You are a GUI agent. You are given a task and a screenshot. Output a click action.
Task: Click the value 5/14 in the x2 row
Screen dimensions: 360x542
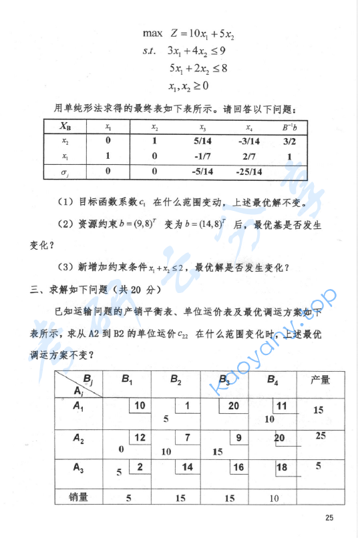(x=203, y=141)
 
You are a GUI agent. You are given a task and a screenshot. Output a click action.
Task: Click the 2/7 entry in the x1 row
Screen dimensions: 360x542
(x=249, y=157)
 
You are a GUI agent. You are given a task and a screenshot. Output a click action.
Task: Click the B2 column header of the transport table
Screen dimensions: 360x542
(x=176, y=381)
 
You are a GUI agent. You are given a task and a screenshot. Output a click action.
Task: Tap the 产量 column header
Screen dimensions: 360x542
(x=319, y=380)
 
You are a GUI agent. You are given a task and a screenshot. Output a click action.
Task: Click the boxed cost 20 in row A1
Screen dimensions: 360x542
(x=234, y=405)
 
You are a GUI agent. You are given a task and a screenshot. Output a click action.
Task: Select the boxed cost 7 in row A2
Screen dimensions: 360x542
(x=188, y=437)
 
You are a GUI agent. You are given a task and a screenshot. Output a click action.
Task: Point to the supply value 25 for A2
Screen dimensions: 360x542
(x=321, y=436)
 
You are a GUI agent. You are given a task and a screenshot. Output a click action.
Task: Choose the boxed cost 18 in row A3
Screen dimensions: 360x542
(x=281, y=467)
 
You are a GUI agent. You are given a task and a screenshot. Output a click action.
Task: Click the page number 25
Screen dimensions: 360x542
(x=328, y=518)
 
